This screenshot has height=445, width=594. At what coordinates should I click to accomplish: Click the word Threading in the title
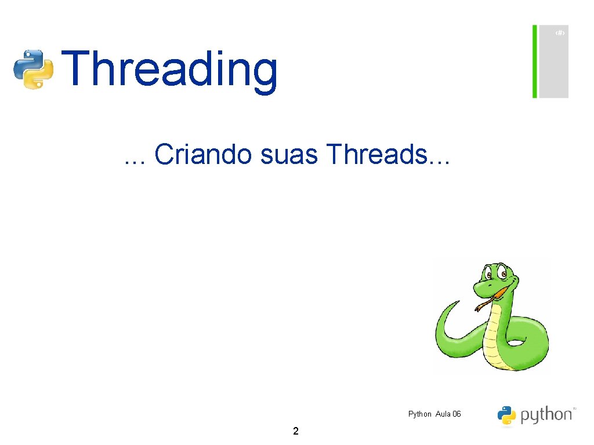coord(169,69)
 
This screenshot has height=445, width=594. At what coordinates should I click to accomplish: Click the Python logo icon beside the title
coord(34,69)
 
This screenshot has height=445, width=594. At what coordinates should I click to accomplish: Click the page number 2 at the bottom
coord(296,431)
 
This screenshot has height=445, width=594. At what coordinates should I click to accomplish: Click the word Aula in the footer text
coord(443,414)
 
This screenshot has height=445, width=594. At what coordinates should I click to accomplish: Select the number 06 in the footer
coord(457,414)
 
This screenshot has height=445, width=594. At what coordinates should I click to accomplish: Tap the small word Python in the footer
coord(419,414)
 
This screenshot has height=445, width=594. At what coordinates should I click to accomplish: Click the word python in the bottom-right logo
coord(545,415)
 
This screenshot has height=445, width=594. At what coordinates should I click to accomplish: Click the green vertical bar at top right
coord(535,61)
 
